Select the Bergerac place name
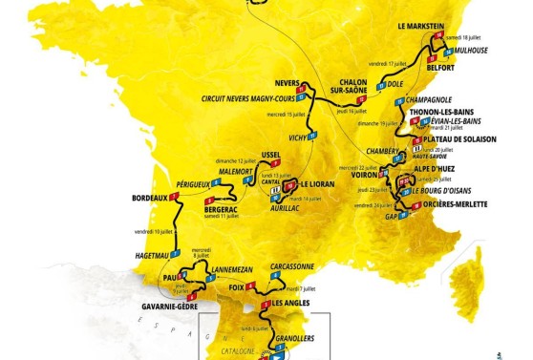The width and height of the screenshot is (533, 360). click(221, 207)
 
